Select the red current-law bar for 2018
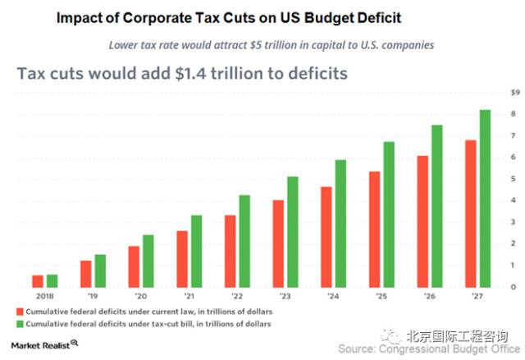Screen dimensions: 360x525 pyautogui.click(x=38, y=281)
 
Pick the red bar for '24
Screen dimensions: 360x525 pyautogui.click(x=326, y=237)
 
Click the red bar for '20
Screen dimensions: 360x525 pyautogui.click(x=134, y=267)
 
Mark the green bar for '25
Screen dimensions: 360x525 pyautogui.click(x=389, y=214)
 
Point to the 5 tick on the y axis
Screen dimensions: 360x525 pyautogui.click(x=514, y=179)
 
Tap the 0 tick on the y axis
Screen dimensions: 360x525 pyautogui.click(x=514, y=287)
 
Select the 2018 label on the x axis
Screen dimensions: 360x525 pyautogui.click(x=45, y=297)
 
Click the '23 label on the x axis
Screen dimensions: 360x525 pyautogui.click(x=285, y=297)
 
